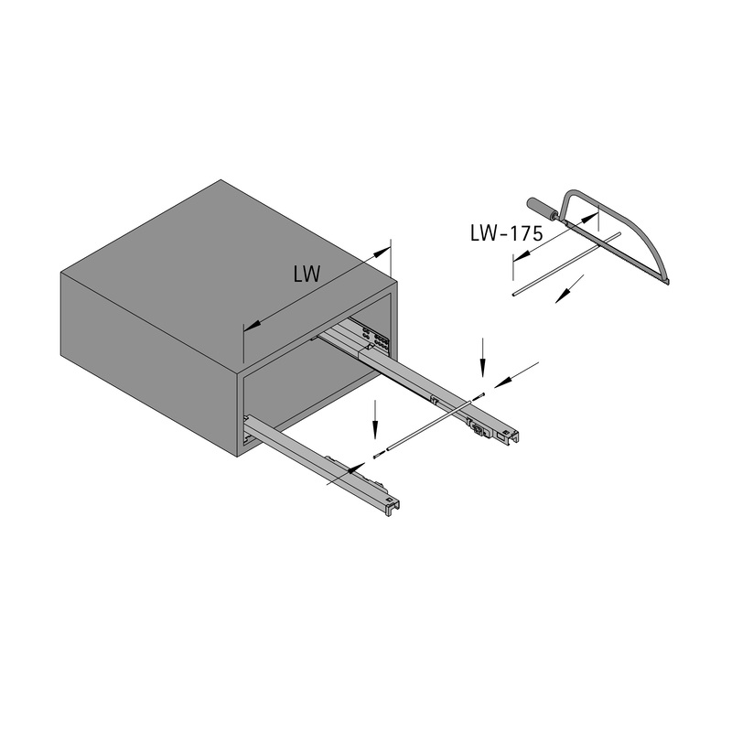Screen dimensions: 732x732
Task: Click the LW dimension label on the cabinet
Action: pyautogui.click(x=307, y=274)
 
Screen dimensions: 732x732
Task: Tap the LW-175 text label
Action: pyautogui.click(x=507, y=233)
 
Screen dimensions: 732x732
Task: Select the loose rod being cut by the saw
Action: pyautogui.click(x=566, y=264)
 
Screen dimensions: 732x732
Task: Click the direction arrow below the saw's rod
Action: pyautogui.click(x=569, y=289)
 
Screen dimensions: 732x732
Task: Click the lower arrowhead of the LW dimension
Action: pyautogui.click(x=253, y=327)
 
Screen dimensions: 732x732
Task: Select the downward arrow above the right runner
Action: pyautogui.click(x=483, y=357)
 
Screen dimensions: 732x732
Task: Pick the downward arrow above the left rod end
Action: pyautogui.click(x=375, y=419)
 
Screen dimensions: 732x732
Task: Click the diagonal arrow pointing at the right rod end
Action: pyautogui.click(x=516, y=374)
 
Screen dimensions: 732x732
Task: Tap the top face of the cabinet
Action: pyautogui.click(x=229, y=276)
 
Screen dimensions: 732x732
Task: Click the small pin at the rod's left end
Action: pyautogui.click(x=378, y=455)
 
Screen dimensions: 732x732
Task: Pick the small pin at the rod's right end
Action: pyautogui.click(x=479, y=396)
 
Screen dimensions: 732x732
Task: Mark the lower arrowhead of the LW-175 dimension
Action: pyautogui.click(x=522, y=254)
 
